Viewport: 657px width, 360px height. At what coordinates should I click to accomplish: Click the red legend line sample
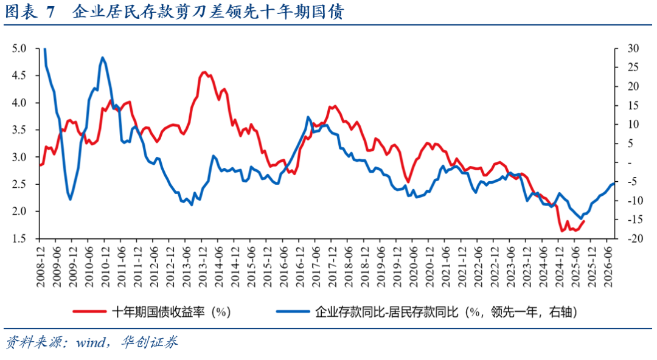(90, 312)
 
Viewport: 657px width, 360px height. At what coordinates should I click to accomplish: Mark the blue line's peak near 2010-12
(102, 58)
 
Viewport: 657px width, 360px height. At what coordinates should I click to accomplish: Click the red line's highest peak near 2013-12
(204, 72)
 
